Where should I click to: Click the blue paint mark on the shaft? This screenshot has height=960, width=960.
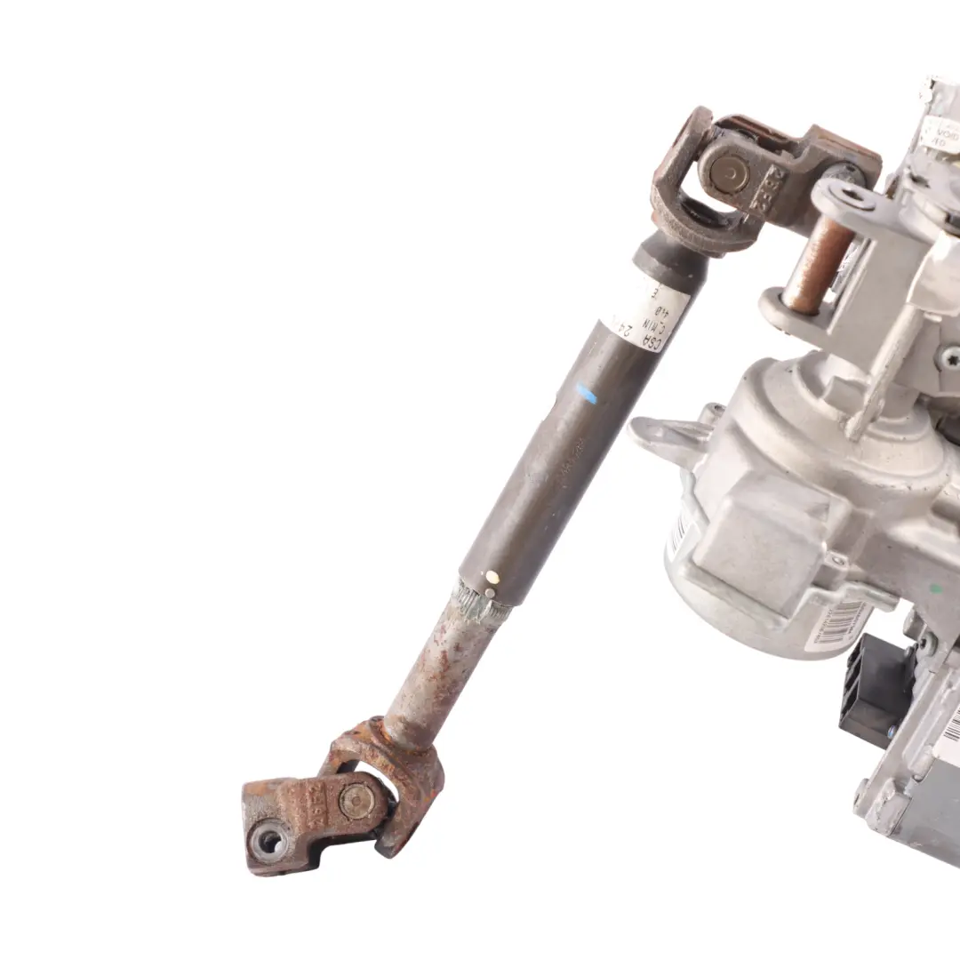click(x=586, y=394)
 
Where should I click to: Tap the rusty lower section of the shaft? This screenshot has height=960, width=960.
click(x=439, y=668)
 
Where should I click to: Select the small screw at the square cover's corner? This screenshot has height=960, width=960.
click(x=836, y=561)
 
